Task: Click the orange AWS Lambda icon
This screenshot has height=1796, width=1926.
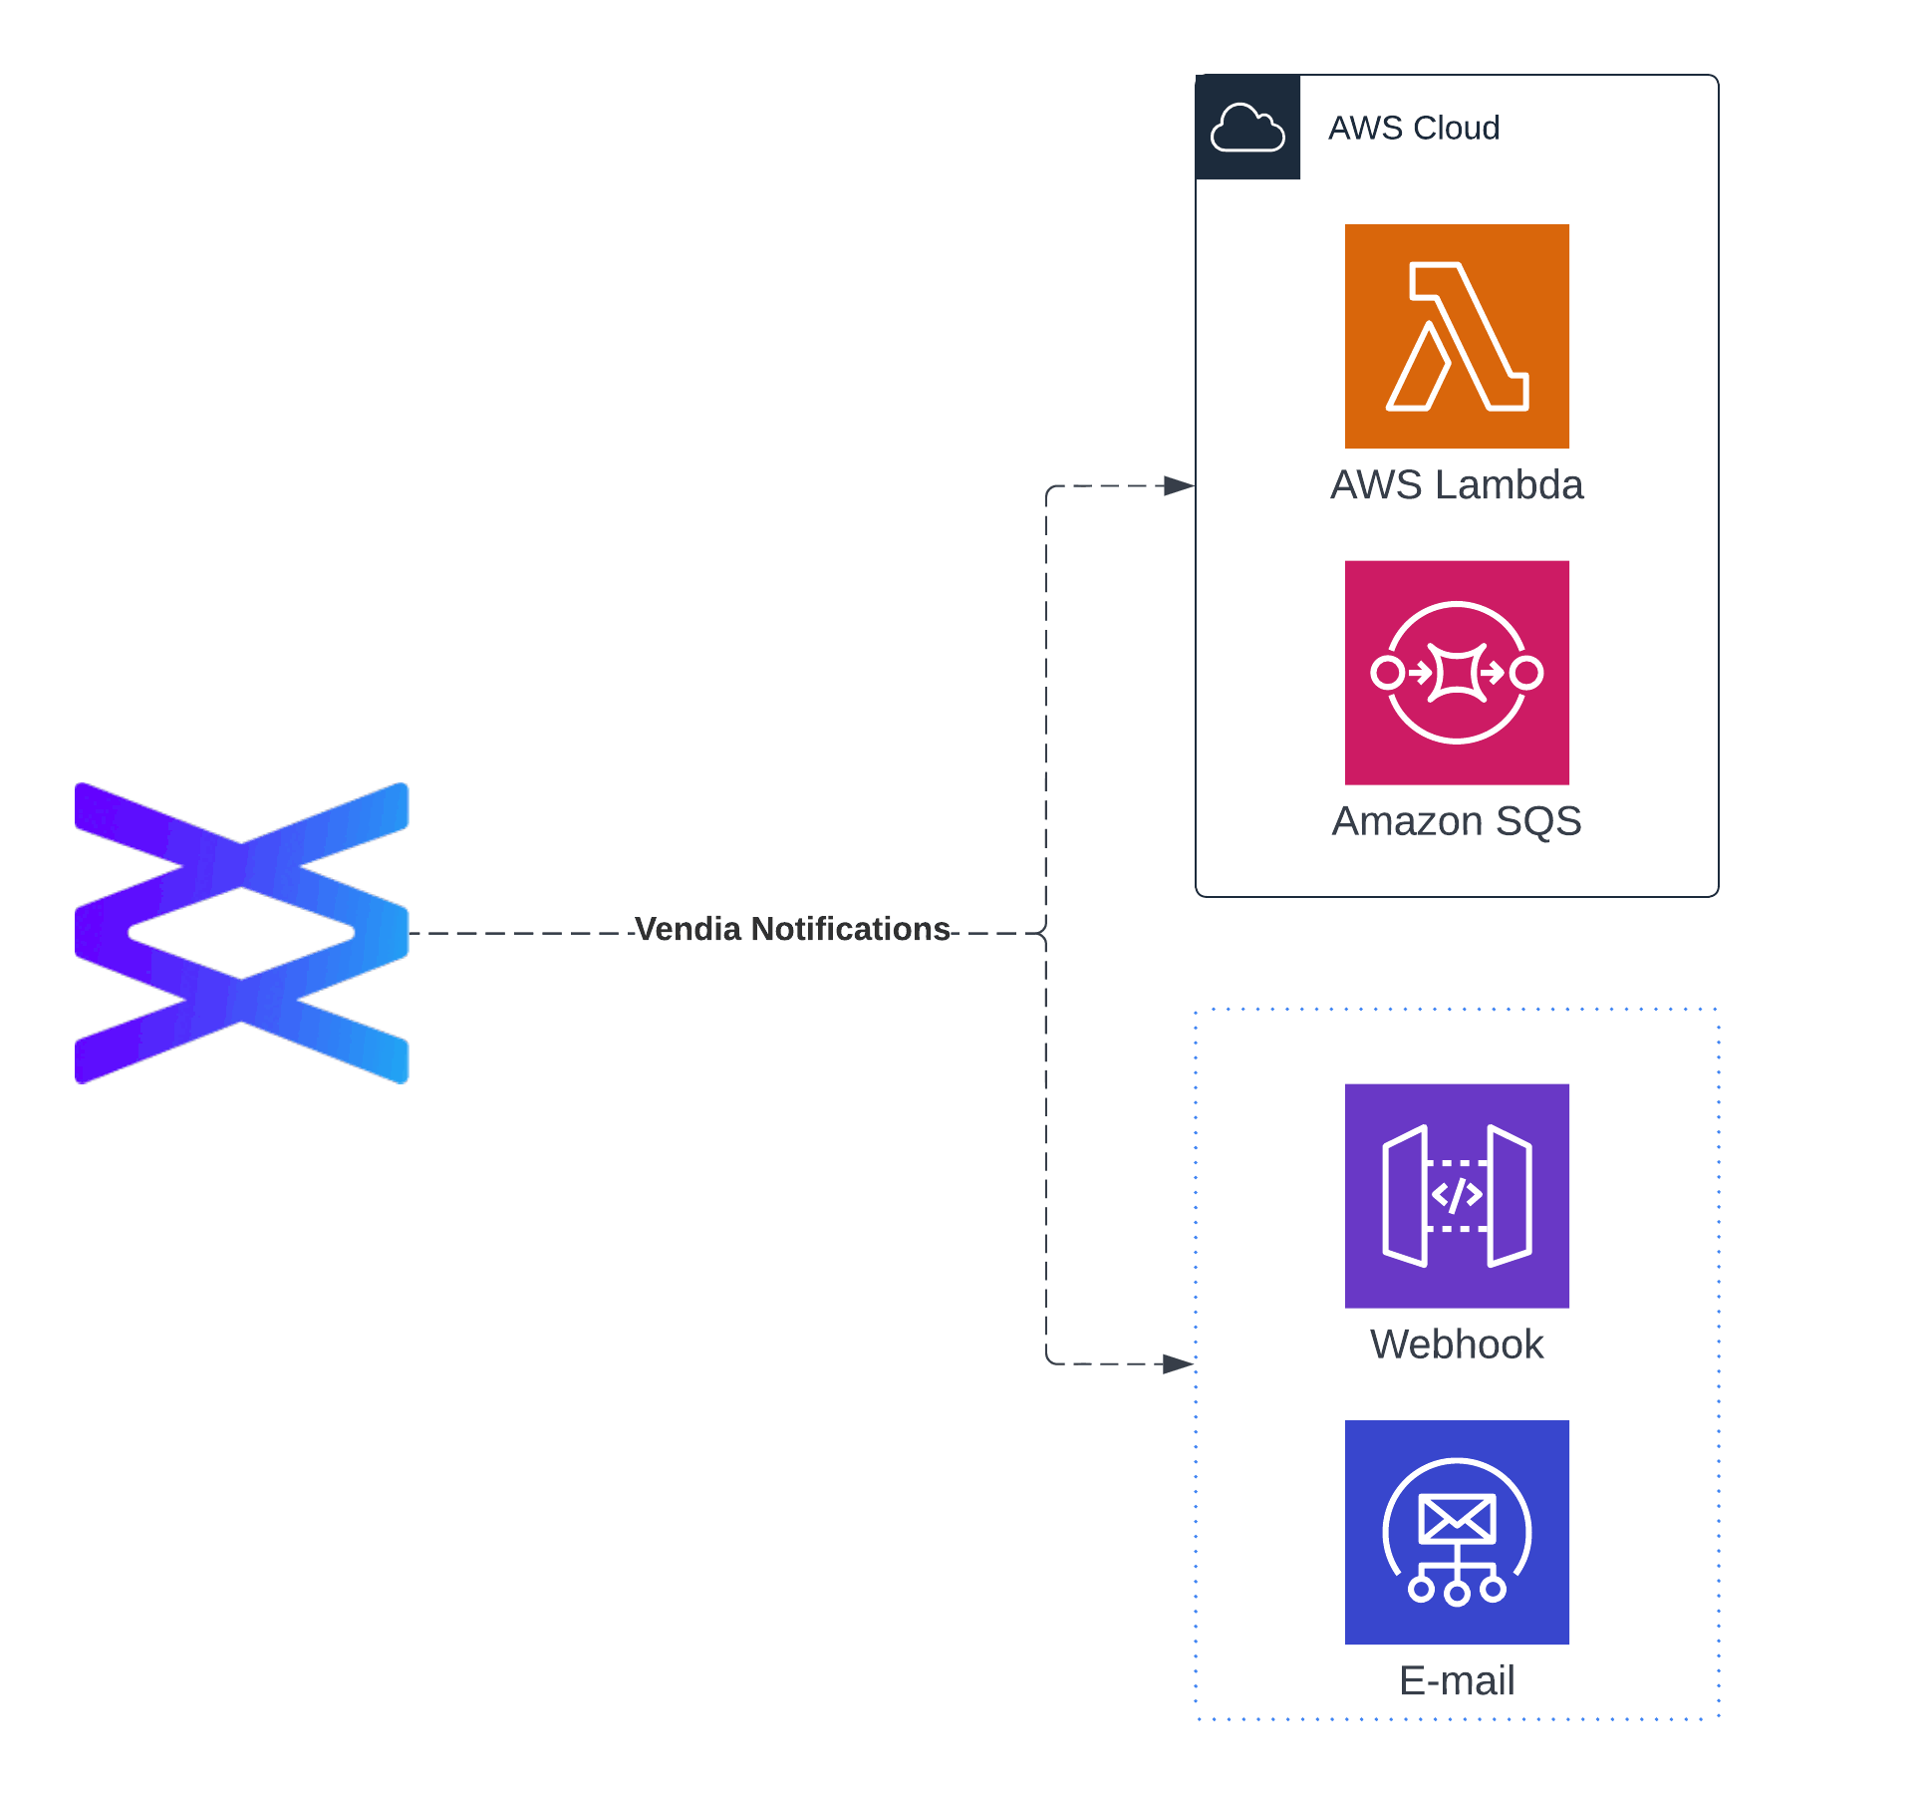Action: pos(1456,336)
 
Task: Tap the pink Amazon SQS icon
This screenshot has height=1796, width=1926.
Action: pos(1456,672)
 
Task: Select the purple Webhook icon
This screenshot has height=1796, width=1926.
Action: pos(1456,1195)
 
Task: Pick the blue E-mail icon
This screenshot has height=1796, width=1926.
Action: pos(1456,1531)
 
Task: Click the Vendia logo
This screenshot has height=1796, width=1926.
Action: pos(241,933)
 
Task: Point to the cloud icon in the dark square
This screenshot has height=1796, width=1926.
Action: pos(1246,128)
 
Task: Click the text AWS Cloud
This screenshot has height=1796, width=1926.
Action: pos(1413,128)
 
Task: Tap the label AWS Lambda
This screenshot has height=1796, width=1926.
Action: pos(1456,485)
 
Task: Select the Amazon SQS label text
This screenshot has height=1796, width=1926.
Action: pos(1456,821)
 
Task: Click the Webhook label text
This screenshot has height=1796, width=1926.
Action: pos(1456,1345)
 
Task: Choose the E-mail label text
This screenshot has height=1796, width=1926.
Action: pos(1456,1680)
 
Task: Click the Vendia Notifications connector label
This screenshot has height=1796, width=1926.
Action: pos(792,929)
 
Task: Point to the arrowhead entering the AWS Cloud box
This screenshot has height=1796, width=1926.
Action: pos(1180,486)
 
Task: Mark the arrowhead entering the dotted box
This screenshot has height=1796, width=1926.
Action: pos(1179,1363)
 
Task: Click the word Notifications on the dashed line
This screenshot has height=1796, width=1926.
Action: pos(850,929)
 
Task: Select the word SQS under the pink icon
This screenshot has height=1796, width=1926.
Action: pos(1538,821)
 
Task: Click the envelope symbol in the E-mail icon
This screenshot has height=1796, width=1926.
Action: pos(1456,1518)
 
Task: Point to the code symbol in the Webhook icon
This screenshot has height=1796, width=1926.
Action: pos(1456,1195)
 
